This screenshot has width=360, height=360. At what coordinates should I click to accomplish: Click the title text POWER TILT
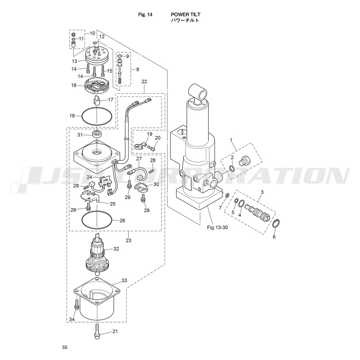[x=185, y=14]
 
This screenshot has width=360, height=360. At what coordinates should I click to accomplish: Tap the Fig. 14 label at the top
[x=145, y=14]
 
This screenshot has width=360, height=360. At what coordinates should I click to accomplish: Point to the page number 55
[x=65, y=347]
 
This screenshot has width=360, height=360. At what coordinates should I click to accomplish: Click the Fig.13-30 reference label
[x=217, y=228]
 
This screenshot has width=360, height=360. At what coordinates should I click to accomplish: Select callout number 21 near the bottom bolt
[x=115, y=331]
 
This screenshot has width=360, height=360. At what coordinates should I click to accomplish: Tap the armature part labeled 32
[x=97, y=255]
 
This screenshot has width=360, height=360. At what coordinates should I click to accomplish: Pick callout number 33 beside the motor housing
[x=124, y=280]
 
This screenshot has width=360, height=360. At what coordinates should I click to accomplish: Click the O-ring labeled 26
[x=97, y=220]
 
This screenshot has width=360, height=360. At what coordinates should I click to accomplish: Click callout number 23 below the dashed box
[x=129, y=240]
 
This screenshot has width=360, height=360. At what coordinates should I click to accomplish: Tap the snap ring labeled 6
[x=276, y=224]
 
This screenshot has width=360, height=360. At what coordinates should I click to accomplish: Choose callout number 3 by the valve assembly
[x=262, y=192]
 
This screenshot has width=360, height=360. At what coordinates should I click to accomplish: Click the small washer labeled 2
[x=232, y=169]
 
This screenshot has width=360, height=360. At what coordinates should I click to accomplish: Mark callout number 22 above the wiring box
[x=144, y=81]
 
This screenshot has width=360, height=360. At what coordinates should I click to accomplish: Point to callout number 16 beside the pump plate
[x=74, y=85]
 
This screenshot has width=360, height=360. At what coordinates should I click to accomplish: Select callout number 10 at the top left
[x=92, y=33]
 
